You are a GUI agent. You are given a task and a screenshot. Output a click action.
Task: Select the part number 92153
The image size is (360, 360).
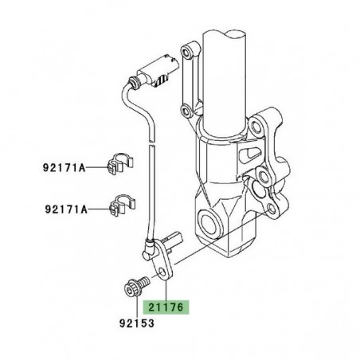[x=132, y=325]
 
